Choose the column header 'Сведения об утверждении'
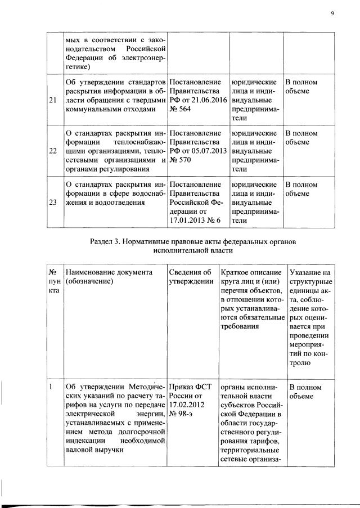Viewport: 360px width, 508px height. point(191,276)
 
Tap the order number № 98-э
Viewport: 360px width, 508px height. point(183,415)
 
